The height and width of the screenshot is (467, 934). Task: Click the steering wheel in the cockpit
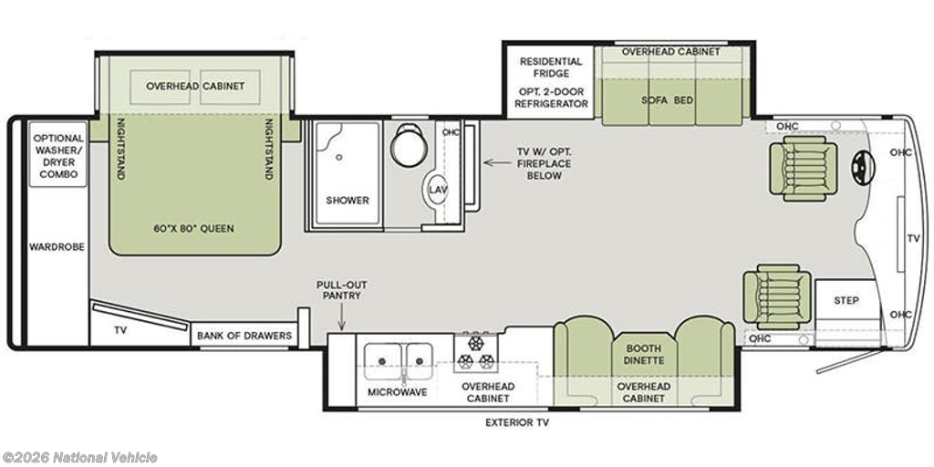coord(863,168)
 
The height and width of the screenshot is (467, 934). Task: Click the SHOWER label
coord(348,200)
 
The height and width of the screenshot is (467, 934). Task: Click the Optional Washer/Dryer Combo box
coord(59,152)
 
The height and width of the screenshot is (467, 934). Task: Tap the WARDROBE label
coord(57,246)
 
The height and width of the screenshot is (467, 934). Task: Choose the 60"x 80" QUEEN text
coord(194,229)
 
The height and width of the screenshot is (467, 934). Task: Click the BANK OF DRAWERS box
coord(244,336)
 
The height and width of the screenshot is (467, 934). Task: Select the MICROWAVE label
coord(398,392)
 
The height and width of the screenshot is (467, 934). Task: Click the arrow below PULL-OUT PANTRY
coord(342,317)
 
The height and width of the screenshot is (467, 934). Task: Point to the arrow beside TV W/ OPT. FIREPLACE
coord(493,162)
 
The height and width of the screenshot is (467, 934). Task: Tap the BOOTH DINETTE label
coord(644,355)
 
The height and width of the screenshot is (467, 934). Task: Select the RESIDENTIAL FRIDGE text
coord(552,67)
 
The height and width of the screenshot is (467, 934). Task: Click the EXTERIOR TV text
coord(517,423)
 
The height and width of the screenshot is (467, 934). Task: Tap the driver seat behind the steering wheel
coord(803,168)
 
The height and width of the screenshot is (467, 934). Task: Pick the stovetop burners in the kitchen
coord(475,353)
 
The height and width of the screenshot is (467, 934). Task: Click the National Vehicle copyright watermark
coord(79,458)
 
